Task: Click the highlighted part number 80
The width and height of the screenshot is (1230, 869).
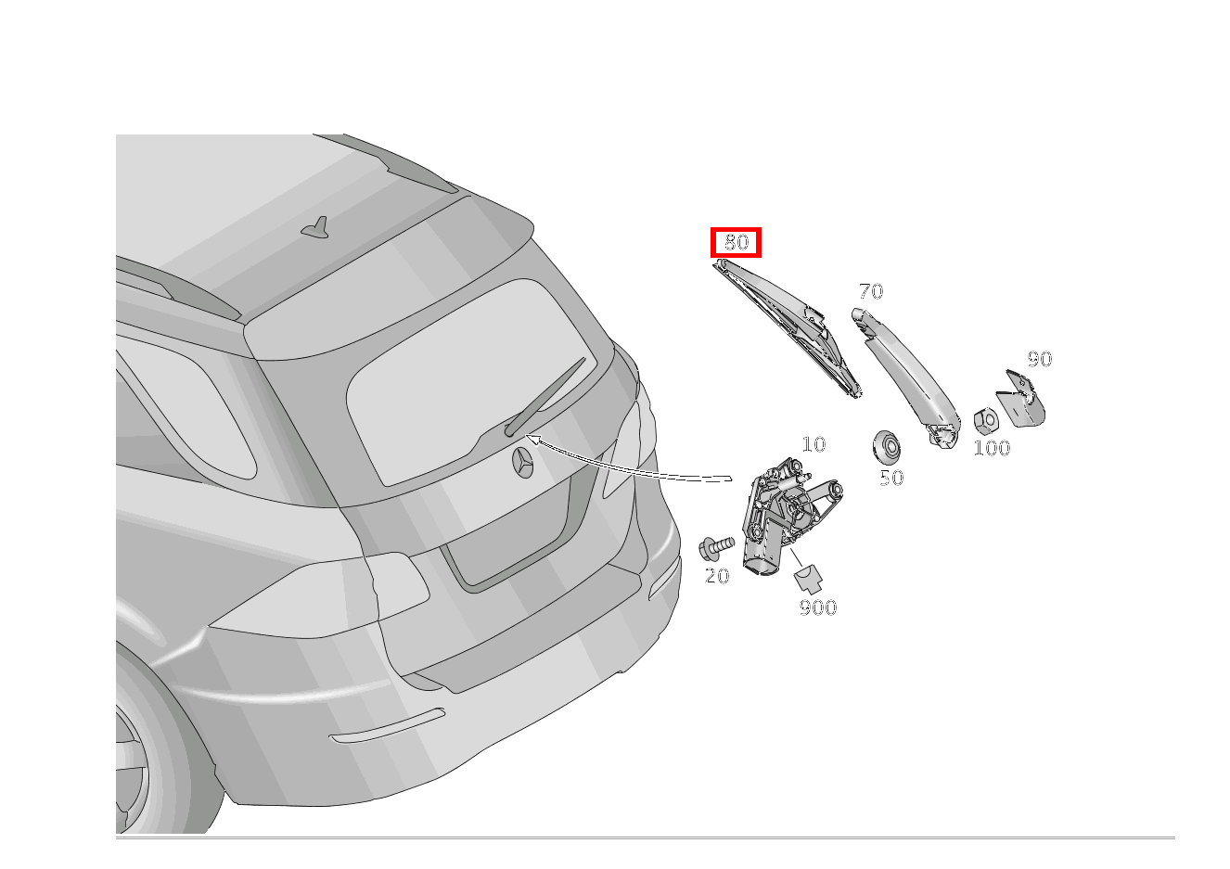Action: tap(736, 242)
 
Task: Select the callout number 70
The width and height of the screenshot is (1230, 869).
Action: tap(871, 291)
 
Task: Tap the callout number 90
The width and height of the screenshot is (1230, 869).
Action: tap(1040, 359)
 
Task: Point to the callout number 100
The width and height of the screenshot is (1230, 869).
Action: tap(992, 448)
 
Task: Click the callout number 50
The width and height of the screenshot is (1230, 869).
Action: tap(891, 478)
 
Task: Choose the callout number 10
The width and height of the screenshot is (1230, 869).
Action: tap(814, 444)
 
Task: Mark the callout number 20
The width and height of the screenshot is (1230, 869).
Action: tap(717, 576)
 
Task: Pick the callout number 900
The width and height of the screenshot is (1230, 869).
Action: tap(818, 607)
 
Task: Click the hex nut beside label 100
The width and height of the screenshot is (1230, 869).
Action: tap(986, 421)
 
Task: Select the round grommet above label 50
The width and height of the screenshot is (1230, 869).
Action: tap(886, 445)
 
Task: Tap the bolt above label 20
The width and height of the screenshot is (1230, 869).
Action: tap(716, 548)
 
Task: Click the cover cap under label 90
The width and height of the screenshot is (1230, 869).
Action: tap(1021, 399)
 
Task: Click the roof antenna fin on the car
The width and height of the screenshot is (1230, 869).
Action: tap(316, 228)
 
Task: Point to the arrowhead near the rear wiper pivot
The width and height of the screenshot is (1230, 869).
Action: tap(532, 439)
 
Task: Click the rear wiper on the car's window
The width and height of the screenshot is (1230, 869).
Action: tap(545, 397)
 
